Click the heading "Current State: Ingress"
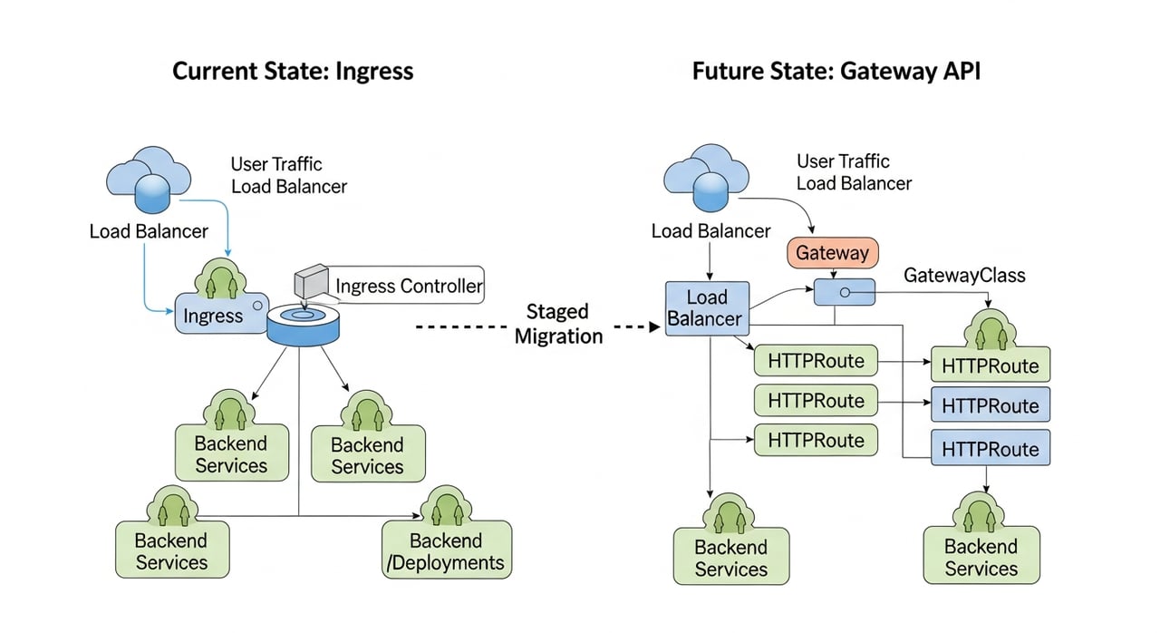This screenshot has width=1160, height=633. [293, 71]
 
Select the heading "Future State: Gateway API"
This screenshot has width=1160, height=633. [836, 71]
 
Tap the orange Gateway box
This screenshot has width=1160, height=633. [832, 253]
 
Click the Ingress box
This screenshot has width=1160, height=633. [214, 316]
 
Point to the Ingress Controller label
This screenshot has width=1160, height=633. [409, 287]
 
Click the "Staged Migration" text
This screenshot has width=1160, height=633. [558, 324]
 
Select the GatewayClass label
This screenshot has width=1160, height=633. [964, 276]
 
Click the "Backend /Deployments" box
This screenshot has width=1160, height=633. [446, 551]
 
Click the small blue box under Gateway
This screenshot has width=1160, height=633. [844, 292]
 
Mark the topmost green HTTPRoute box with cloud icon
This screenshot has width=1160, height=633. [990, 365]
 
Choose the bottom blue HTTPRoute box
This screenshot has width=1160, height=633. [990, 448]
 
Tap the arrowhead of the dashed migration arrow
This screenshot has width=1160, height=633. [655, 326]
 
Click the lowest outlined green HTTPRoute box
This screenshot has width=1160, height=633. [816, 441]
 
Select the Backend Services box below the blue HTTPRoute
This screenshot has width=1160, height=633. [981, 557]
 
